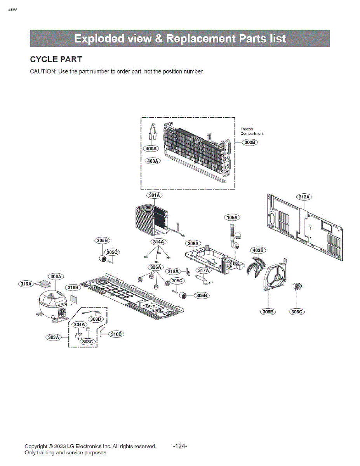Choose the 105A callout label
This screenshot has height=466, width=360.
tap(232, 217)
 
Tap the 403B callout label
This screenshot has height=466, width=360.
tap(257, 250)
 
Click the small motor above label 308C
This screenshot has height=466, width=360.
tap(298, 287)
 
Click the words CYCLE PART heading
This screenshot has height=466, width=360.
tap(56, 59)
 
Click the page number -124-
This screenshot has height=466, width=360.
tap(180, 446)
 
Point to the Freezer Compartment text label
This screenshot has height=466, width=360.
tap(252, 131)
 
